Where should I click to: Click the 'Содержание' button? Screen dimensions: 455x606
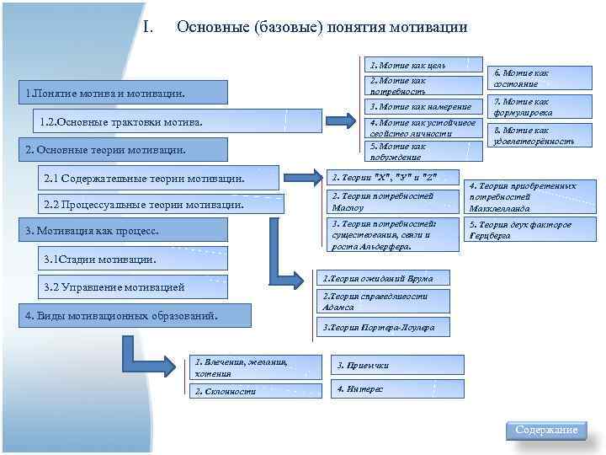pyautogui.click(x=547, y=431)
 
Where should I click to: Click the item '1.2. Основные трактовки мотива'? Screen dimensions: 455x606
pyautogui.click(x=177, y=123)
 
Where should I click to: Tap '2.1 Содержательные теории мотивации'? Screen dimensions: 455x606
pyautogui.click(x=160, y=178)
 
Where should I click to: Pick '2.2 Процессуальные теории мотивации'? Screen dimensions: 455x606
pyautogui.click(x=160, y=204)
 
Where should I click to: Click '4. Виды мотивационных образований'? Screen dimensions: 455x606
pyautogui.click(x=135, y=315)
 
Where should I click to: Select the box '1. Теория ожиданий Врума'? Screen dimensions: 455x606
pyautogui.click(x=383, y=277)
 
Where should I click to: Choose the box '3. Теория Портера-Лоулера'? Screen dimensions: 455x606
pyautogui.click(x=383, y=326)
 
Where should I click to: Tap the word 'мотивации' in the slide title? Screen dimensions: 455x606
pyautogui.click(x=426, y=27)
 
